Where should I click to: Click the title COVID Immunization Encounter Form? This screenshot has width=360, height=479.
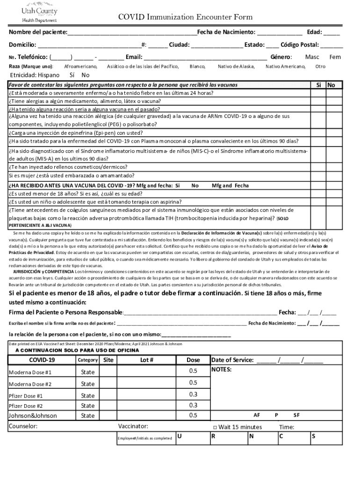point(185,17)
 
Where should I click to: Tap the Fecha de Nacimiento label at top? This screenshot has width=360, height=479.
point(226,32)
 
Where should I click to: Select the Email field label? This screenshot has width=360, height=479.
point(133,57)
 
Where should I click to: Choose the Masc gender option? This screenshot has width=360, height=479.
point(312,57)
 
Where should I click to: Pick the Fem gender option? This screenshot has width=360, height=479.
point(335,57)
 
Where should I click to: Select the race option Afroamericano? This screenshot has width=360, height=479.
point(80,67)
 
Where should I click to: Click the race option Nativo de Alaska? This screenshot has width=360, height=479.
point(236,67)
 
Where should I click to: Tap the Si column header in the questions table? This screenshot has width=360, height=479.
point(318,85)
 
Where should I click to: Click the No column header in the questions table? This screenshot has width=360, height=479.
point(331,85)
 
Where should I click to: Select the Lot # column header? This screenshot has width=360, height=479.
point(147,360)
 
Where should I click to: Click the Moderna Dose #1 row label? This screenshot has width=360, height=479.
point(30,372)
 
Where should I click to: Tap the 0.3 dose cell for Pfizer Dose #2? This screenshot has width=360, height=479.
point(193,405)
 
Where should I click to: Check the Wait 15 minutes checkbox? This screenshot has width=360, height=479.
point(215,427)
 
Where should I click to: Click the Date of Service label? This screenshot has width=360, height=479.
point(232,360)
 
